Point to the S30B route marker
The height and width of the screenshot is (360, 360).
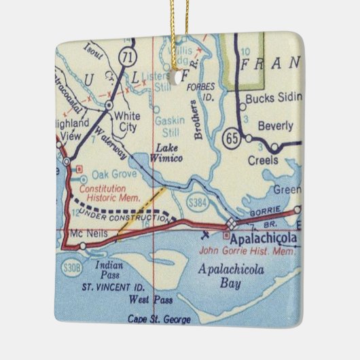point(72,255)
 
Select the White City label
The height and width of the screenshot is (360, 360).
point(128,120)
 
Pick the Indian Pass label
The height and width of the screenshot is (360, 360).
point(109,271)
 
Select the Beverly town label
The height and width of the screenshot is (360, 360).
point(275,126)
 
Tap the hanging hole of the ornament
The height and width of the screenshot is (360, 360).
point(181,75)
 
